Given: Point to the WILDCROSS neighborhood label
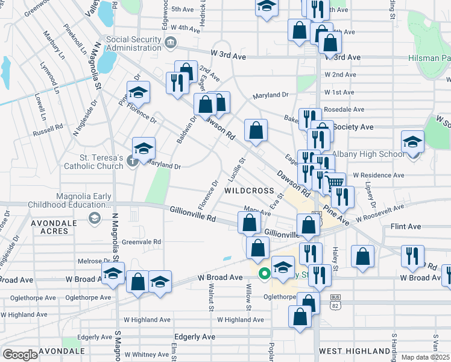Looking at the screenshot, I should point(249,190).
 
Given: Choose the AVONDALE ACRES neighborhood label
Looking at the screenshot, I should point(54,228).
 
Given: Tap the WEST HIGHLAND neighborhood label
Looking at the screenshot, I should point(355,351).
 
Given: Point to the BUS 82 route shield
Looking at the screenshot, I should point(336,302).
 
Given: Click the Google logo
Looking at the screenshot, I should point(20,355).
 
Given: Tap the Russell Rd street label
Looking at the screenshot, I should point(48,130).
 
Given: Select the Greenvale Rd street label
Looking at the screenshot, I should point(142,242).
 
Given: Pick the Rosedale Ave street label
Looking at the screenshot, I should point(344,109).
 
